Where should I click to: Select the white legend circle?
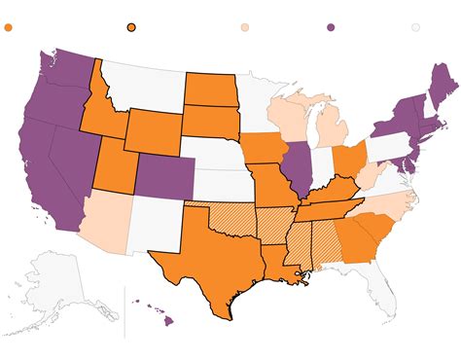416,28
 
